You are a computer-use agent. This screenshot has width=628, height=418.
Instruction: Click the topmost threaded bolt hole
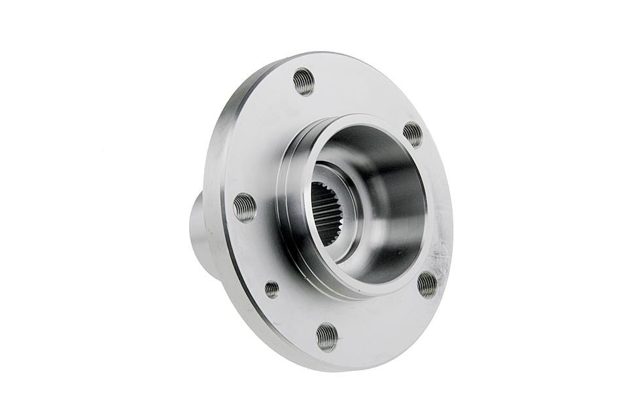[304, 82]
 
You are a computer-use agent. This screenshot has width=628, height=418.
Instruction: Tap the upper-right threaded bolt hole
[413, 134]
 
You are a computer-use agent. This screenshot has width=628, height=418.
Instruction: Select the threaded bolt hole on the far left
[244, 207]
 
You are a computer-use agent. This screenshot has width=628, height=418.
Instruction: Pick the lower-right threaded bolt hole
[427, 284]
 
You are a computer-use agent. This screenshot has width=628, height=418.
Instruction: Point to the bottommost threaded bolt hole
[326, 337]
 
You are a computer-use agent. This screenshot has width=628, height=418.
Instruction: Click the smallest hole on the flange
[271, 289]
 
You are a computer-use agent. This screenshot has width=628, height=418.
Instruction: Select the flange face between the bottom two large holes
[379, 321]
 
